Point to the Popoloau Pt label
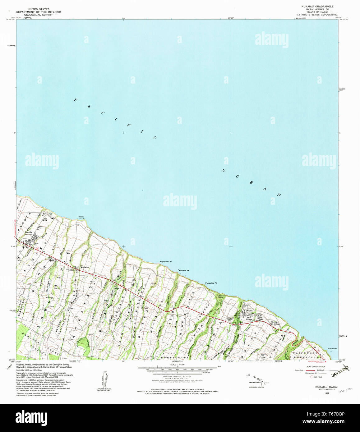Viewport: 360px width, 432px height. (166, 262)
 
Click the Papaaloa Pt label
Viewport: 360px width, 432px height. (211, 283)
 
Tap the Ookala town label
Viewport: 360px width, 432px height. (249, 310)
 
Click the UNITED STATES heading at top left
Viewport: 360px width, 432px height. (38, 9)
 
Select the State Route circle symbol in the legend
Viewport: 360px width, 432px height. (312, 377)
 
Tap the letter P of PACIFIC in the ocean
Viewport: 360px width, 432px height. (75, 100)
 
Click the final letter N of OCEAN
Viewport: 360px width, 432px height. (279, 195)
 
